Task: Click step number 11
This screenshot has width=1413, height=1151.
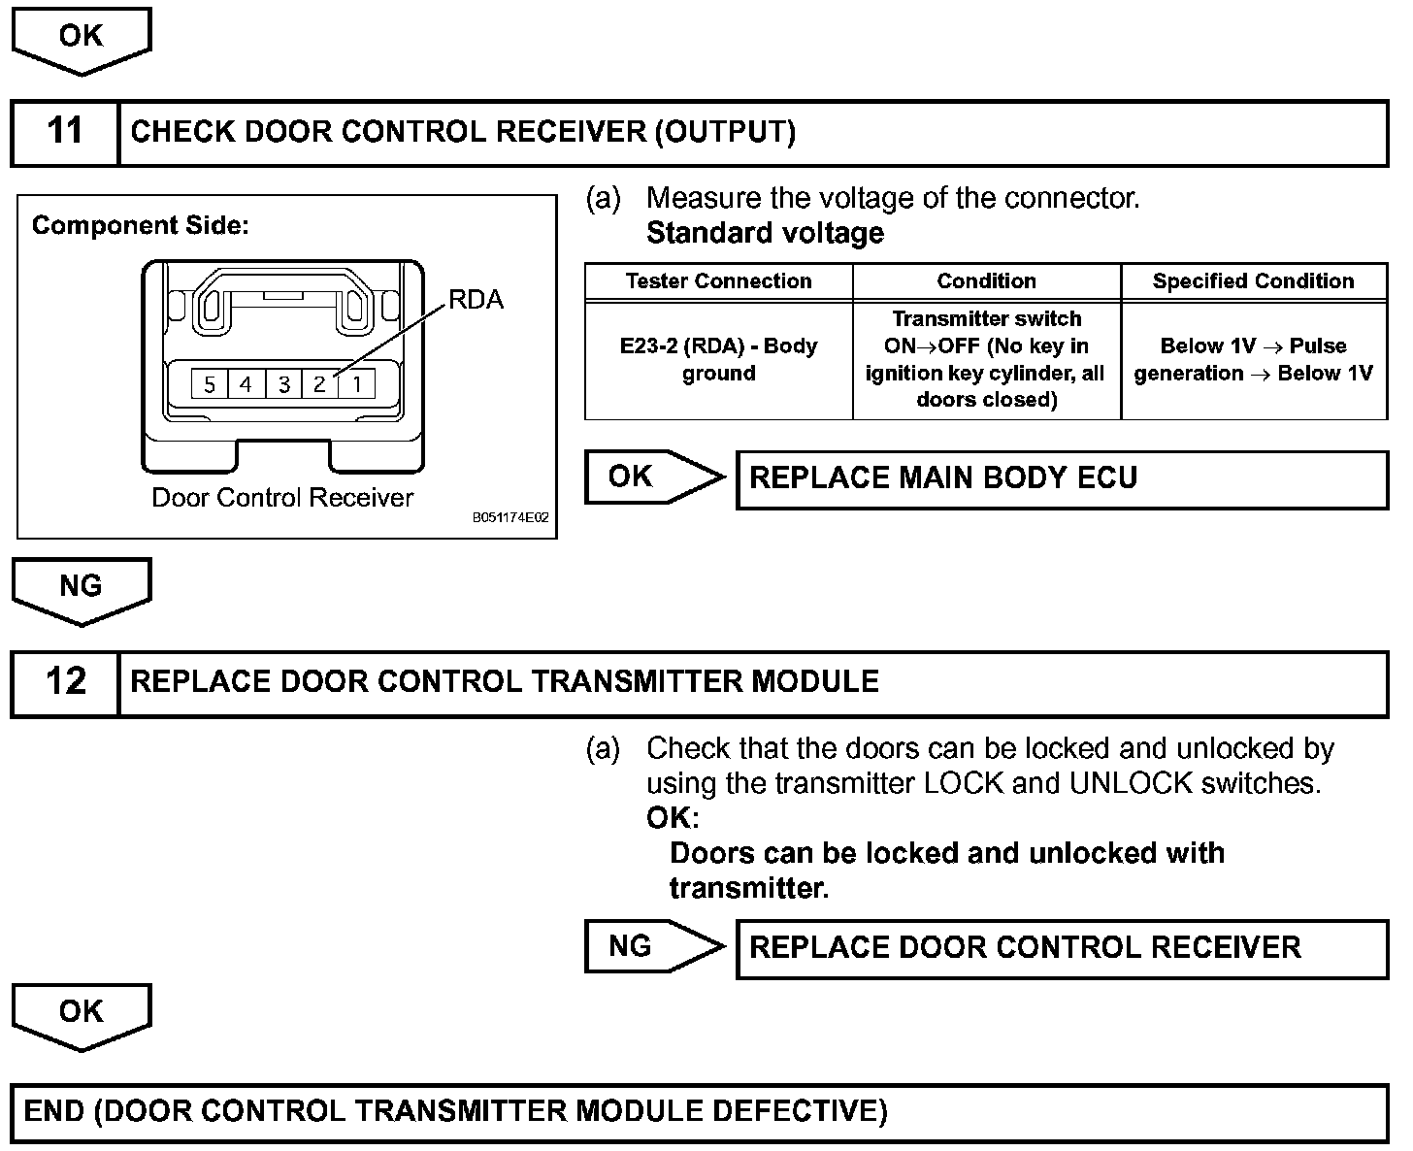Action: pos(65,131)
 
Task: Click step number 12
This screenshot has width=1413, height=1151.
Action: pos(65,681)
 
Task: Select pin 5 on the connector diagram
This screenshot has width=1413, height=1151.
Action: pos(210,384)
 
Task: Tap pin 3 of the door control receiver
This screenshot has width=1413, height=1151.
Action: pos(283,384)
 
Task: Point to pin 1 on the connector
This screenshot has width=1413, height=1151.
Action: pos(357,384)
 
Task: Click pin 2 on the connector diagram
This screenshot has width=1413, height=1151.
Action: pos(319,384)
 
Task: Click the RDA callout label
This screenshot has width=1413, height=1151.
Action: pos(476,300)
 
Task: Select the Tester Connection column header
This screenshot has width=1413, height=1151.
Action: pos(718,281)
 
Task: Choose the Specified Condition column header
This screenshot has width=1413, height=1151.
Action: pos(1253,281)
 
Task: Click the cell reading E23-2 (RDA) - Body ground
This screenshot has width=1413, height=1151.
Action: pos(718,360)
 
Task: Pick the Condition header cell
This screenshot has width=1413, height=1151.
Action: pos(986,281)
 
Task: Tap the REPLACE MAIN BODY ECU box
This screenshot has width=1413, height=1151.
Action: pos(1062,478)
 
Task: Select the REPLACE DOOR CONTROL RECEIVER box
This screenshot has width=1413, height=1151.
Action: pos(1062,947)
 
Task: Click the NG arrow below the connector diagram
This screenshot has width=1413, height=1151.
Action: pos(82,588)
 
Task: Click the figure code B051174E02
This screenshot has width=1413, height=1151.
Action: pos(510,518)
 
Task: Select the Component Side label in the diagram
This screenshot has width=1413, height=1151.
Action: pos(141,226)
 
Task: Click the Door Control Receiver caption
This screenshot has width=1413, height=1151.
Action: pos(282,498)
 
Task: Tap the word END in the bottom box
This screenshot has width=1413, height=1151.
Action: pos(53,1111)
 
